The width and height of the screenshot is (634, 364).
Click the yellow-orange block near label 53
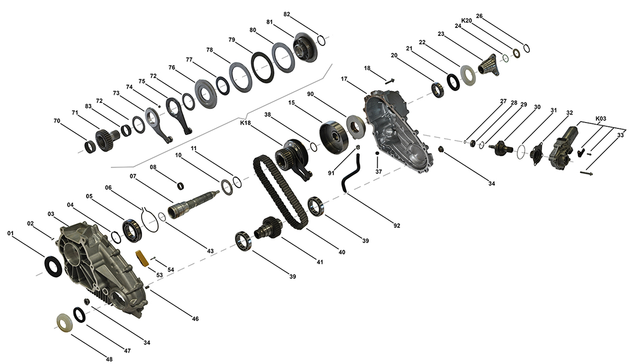pos(142,258)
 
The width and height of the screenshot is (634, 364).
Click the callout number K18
pos(245,123)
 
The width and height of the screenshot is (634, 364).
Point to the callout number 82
pos(287,14)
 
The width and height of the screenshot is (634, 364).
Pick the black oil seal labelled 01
pos(53,266)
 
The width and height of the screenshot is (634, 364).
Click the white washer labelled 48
pos(64,323)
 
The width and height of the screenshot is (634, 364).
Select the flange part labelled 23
pos(487,66)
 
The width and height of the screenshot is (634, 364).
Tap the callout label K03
pos(601,118)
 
